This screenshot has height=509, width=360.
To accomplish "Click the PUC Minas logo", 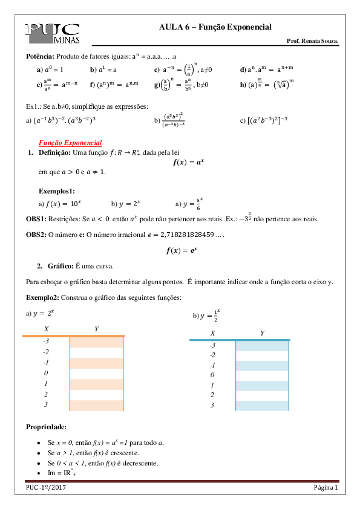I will point(52,33).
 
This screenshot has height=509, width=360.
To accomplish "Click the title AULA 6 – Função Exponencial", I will point(215,27).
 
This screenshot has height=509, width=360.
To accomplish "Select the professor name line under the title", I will point(312,41).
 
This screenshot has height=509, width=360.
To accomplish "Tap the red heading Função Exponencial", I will point(70,143).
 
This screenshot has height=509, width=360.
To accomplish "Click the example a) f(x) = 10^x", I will point(56,204).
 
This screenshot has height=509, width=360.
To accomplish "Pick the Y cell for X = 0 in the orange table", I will point(97,374).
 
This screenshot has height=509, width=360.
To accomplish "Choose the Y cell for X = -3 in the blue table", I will point(263,346).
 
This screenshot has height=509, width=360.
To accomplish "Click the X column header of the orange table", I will point(46,328).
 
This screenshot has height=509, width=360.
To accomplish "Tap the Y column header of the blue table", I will point(262,333).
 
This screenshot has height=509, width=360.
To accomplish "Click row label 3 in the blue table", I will point(212,405).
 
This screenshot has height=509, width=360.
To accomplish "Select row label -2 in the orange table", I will point(46,352).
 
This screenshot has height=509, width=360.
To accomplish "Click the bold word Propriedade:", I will point(42,427).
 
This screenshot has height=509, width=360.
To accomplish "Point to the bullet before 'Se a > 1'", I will point(39,453).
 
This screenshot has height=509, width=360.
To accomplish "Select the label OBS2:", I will point(35,233).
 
